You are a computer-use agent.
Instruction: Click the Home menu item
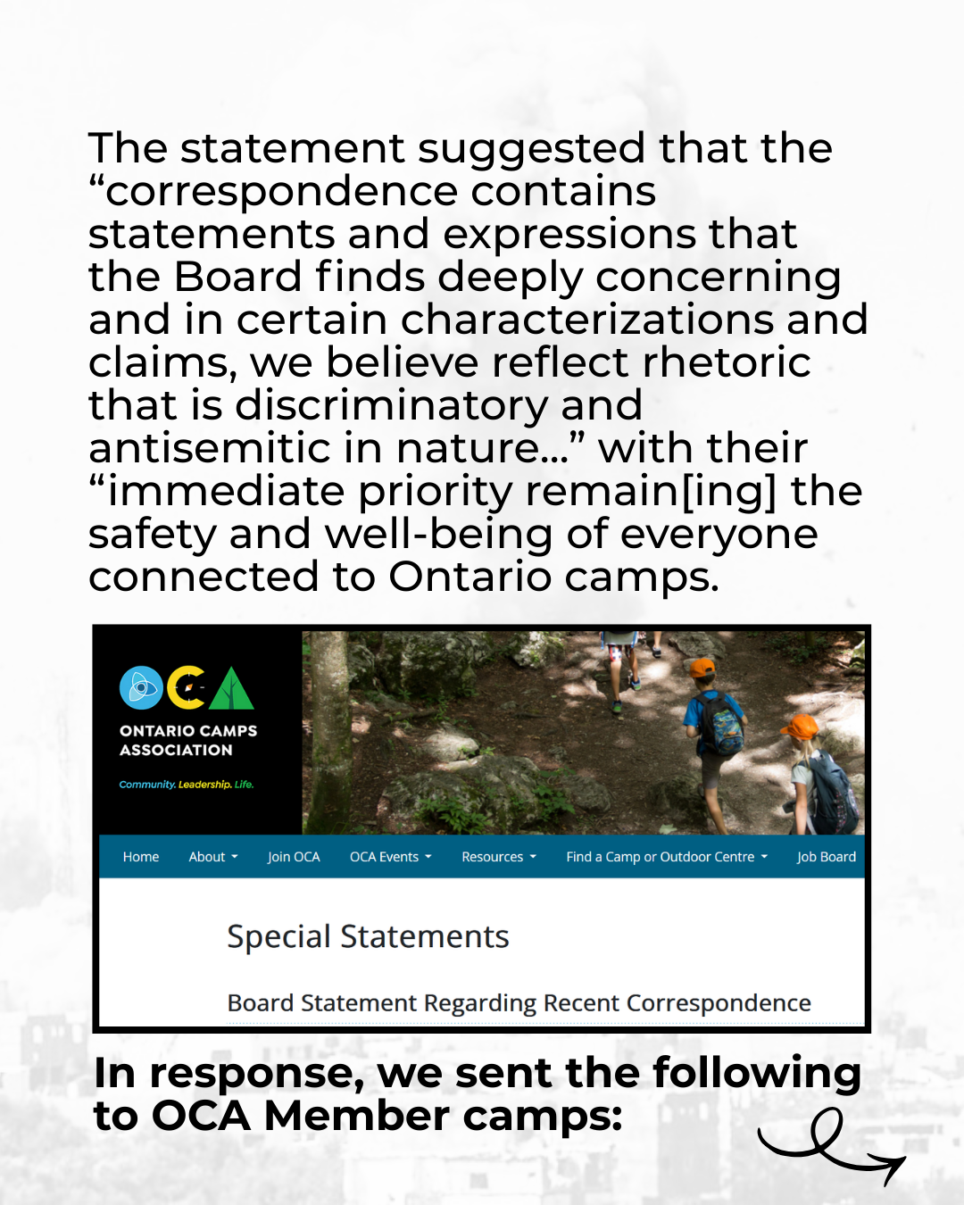(x=141, y=857)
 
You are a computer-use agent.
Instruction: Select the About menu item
(x=212, y=857)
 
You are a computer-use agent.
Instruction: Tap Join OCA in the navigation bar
(x=294, y=857)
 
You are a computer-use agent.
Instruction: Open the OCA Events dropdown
(x=390, y=857)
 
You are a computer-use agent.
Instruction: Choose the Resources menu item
(x=498, y=857)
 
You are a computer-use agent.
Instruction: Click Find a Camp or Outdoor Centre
(x=666, y=857)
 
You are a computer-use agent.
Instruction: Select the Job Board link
(x=826, y=857)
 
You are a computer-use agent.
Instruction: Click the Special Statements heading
(x=368, y=936)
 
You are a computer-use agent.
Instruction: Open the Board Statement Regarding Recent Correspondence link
(x=519, y=1003)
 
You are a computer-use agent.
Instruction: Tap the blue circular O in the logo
(x=141, y=688)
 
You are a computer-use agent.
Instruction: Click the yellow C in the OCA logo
(x=187, y=688)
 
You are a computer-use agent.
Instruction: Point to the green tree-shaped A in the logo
(x=231, y=689)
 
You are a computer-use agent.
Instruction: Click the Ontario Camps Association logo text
(x=188, y=740)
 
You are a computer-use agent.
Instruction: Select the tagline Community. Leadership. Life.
(x=187, y=785)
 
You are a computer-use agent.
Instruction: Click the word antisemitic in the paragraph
(x=236, y=448)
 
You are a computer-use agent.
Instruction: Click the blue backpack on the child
(x=723, y=724)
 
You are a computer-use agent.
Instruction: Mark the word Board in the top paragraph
(x=237, y=277)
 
